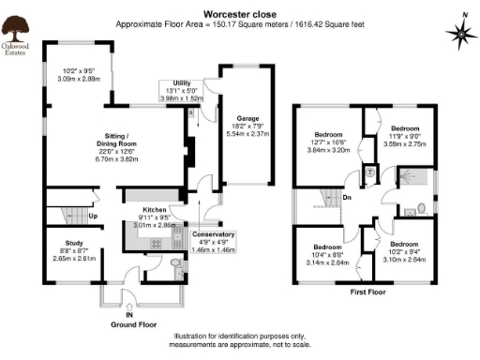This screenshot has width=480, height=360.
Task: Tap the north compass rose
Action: pyautogui.click(x=461, y=34)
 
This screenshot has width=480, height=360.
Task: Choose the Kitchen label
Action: pyautogui.click(x=154, y=210)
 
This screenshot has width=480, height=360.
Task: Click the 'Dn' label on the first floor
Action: pyautogui.click(x=347, y=198)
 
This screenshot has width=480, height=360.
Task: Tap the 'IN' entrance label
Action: pyautogui.click(x=129, y=316)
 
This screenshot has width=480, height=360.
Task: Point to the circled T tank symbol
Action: pyautogui.click(x=369, y=172)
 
